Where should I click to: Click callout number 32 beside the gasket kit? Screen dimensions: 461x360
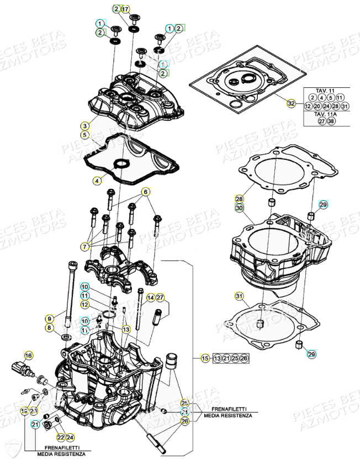291,103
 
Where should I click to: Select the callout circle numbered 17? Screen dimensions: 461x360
125,9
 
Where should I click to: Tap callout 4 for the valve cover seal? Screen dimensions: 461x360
97,180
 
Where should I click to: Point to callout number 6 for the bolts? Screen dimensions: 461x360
146,192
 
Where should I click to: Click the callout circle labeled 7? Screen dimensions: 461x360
85,246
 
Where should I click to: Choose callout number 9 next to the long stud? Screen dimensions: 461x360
49,319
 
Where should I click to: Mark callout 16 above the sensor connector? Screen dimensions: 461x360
29,355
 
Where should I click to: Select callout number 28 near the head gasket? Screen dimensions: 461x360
239,199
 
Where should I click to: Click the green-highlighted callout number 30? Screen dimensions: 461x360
239,208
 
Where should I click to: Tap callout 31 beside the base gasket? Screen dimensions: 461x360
239,298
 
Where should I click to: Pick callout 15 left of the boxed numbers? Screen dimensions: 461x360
205,359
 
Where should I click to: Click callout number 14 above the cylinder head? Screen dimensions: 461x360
150,298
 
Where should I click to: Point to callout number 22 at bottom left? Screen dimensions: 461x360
60,437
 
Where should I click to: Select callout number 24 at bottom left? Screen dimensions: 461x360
70,437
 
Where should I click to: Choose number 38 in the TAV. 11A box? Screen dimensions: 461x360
331,121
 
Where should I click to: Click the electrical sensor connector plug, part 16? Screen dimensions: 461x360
22,368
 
